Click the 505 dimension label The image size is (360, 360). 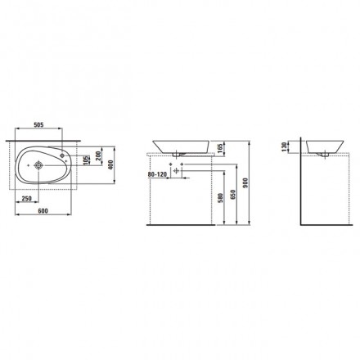point(38,125)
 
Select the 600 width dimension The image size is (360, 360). point(43,211)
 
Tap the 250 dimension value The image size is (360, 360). point(26,199)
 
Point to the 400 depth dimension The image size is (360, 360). point(110,165)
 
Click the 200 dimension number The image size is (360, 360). point(98,155)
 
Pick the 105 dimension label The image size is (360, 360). point(87,160)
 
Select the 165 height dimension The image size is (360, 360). point(220,147)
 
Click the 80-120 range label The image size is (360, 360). point(157,174)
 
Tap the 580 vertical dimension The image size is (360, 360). point(221,198)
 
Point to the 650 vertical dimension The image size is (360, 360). point(232,194)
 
